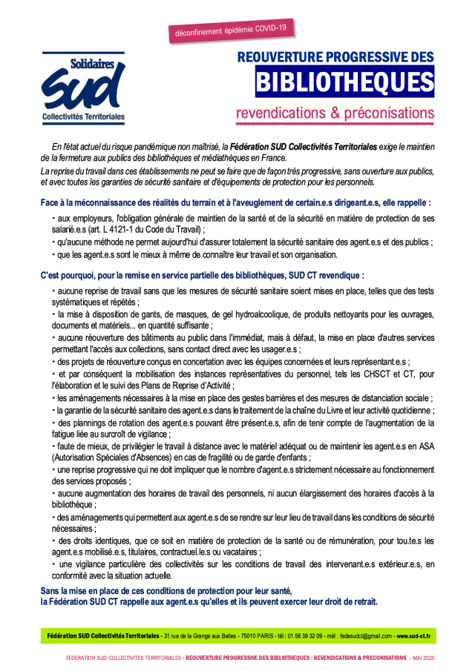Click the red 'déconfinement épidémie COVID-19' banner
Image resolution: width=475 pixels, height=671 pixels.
point(232,30)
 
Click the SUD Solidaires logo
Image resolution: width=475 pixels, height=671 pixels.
point(83,87)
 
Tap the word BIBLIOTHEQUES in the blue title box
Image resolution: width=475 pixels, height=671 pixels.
point(344,83)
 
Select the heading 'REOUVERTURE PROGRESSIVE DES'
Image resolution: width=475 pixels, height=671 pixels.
point(335,57)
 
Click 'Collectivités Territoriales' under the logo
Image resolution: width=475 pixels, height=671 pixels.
point(83,116)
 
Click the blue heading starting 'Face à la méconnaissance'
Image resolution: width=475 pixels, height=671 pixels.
point(236,202)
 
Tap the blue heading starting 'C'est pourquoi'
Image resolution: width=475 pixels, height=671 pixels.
point(202,274)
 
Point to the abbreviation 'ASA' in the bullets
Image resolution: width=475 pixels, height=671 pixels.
point(426,447)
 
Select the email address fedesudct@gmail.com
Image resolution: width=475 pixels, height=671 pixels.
point(363,636)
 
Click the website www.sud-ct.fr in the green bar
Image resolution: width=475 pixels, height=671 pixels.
point(415,636)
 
